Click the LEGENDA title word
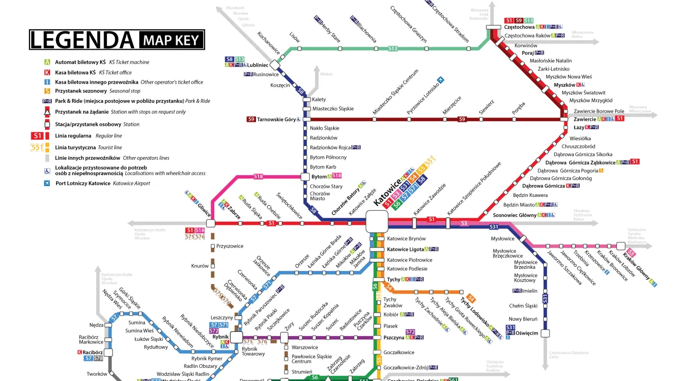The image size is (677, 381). pos(83,40)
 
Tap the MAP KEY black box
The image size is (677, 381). pos(172,40)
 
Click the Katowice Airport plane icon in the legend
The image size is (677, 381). pos(48,183)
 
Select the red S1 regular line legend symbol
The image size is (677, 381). pos(38,136)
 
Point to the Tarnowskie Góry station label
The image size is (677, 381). pos(276,120)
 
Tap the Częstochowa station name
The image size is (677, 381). pos(519,27)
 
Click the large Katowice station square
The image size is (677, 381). pos(377,221)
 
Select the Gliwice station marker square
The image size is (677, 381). pos(211,223)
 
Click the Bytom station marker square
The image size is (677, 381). pos(305,177)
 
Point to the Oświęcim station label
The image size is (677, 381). pos(527,333)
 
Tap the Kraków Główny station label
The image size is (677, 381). pos(638,267)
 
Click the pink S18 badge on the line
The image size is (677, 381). pos(259,176)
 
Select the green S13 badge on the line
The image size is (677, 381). pos(392,49)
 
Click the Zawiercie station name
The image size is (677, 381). pos(584,119)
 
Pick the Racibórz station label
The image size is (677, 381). pos(93,352)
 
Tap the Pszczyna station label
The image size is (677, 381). pos(394,338)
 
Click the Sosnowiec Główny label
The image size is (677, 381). pos(515,215)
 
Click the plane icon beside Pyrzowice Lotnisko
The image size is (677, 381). pos(440,80)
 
